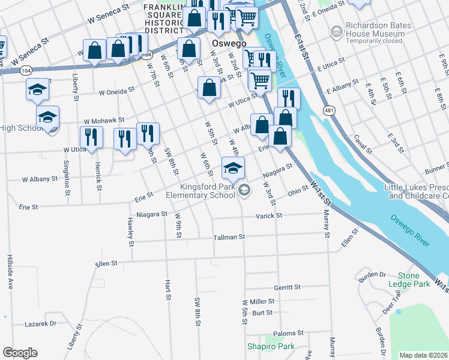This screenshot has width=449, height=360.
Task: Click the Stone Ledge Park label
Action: [416, 279]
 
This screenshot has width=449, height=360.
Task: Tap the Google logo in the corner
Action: [20, 353]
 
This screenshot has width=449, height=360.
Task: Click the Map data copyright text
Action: [424, 355]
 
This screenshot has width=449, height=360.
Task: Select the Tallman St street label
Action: [229, 237]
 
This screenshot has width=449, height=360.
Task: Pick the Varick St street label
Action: [269, 215]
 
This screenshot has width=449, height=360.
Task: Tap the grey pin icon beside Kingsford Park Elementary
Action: [244, 191]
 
